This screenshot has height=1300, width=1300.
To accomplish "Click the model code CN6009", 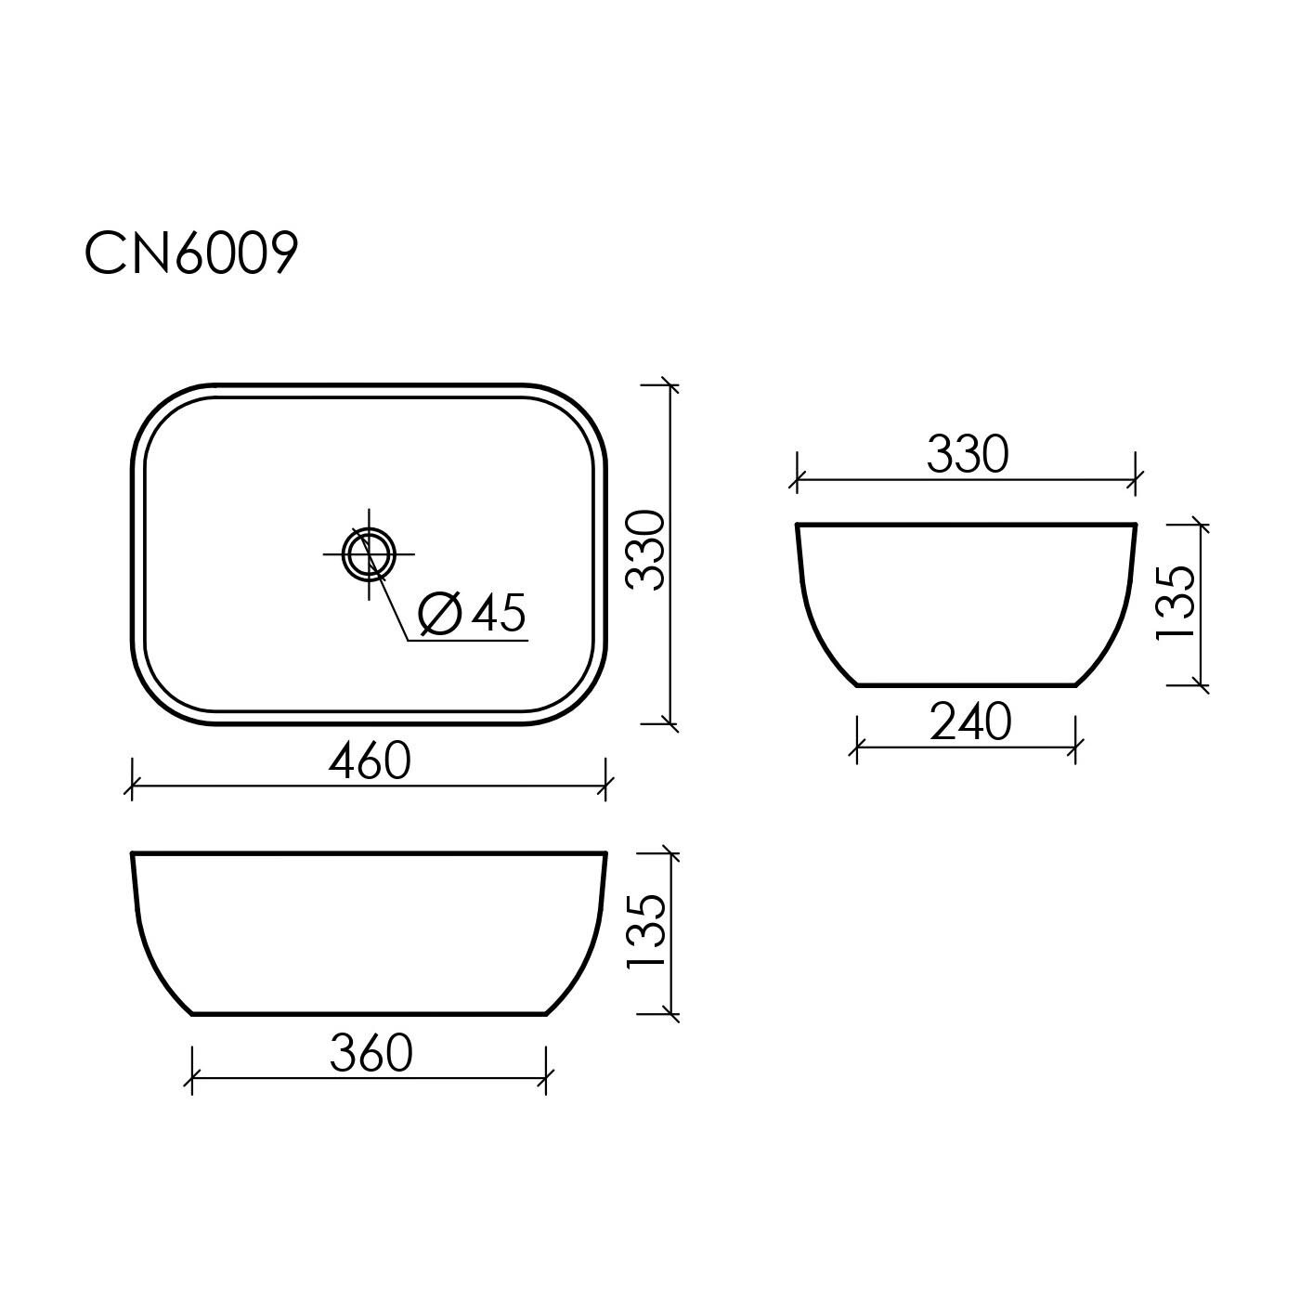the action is point(191,253).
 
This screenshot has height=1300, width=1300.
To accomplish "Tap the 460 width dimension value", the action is point(370,760).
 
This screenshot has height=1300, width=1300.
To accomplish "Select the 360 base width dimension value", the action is point(371,1053).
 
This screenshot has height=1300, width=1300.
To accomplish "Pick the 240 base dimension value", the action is point(970,721).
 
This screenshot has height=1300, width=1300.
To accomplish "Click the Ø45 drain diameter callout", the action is point(472,613).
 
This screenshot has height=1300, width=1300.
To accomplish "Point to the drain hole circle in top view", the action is point(369,554).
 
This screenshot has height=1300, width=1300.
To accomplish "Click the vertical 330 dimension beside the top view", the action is point(645,550).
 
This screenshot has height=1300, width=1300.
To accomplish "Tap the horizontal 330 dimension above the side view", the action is point(968,453).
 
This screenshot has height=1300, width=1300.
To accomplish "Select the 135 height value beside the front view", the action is point(646,932).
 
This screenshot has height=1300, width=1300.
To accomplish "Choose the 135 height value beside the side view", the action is point(1176,602).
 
